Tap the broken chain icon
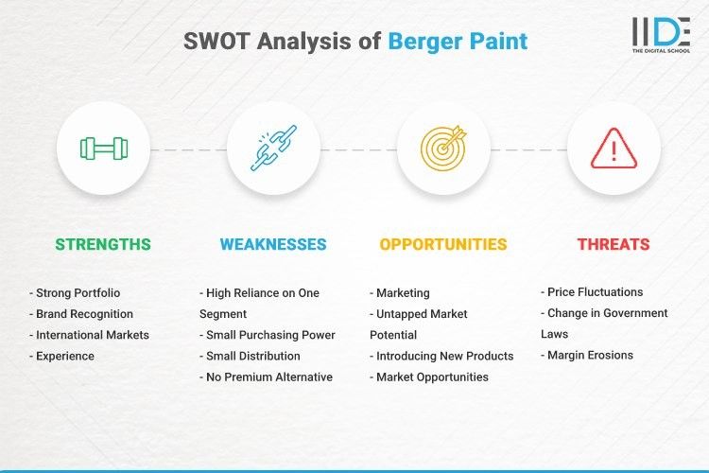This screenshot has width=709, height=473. coord(272,149)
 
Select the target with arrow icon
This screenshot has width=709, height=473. coord(443,149)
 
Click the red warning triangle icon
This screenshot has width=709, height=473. coord(614,149)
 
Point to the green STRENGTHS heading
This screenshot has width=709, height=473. coord(102,244)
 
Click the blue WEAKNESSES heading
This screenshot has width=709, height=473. coord(273,244)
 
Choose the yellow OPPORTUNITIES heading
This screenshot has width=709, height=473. coord(442,244)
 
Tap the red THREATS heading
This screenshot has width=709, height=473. coord(614,244)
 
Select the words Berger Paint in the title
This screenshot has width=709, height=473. coord(458,42)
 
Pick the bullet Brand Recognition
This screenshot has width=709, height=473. coord(84,313)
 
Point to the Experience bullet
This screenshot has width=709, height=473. coord(63,356)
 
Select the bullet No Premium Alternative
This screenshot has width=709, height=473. coord(268,377)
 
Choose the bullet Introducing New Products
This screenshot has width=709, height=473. coord(444,356)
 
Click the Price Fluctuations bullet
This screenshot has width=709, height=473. coord(595,292)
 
